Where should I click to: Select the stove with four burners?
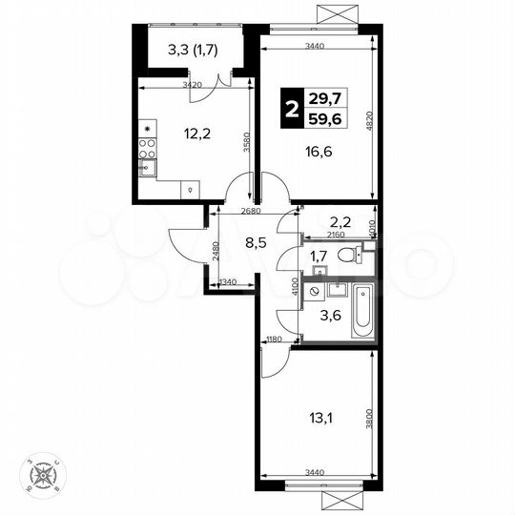148,148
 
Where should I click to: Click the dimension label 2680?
251,210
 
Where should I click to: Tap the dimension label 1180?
274,340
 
